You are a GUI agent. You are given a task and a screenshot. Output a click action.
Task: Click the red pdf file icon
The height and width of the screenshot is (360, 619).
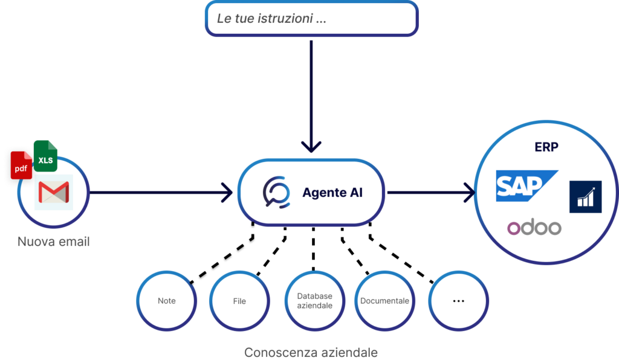coord(21,166)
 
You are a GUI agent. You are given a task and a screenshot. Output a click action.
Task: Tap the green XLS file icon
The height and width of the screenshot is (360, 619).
coord(45,158)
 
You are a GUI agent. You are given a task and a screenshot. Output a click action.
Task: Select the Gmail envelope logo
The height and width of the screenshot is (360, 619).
coord(54,193)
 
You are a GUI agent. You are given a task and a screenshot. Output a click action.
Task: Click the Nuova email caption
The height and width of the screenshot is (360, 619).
coord(53,242)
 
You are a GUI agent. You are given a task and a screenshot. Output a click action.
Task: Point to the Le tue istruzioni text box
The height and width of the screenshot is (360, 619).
coord(311,18)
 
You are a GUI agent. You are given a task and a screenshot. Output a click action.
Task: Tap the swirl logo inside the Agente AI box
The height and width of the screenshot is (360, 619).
coord(276,193)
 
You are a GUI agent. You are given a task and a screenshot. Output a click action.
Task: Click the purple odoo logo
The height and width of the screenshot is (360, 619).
coord(534,228)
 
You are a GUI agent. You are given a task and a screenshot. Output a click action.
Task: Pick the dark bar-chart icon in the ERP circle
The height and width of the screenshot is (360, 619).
coord(585,197)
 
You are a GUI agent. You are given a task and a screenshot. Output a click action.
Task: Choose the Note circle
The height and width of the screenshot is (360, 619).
coord(166,301)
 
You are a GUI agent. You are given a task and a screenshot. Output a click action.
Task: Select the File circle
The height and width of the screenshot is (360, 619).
coord(239,301)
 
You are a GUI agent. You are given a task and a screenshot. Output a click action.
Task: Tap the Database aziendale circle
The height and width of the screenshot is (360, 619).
coord(314,301)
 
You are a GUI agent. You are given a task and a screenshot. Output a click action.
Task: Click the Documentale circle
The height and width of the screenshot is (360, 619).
coord(384,301)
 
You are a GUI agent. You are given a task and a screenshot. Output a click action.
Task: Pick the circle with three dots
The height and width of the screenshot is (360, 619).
coord(458,301)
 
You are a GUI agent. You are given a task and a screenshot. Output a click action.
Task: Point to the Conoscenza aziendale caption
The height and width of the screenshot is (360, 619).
coord(311,352)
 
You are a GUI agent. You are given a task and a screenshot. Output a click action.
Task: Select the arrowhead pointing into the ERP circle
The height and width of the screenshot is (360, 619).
coord(468,193)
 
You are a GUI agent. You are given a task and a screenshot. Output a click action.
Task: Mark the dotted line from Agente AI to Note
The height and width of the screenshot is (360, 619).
coord(224,257)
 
